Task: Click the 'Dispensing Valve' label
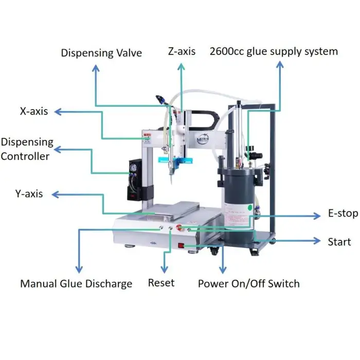101,53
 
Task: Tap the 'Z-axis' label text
182,51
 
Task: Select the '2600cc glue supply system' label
274,51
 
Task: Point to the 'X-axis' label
34,111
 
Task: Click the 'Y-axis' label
29,194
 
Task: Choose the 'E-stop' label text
343,213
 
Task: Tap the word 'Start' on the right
339,241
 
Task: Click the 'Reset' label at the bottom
161,282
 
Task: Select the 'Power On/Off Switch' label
248,283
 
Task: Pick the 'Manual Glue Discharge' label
76,283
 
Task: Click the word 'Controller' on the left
25,156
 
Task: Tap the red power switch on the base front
181,245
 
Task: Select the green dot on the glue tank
250,208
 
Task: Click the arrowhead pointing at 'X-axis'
57,111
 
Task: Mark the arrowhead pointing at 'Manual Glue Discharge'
79,269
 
